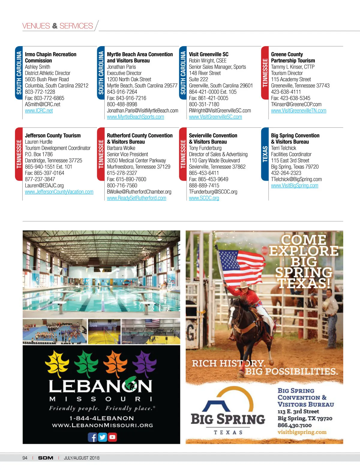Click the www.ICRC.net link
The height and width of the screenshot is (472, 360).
pos(39,111)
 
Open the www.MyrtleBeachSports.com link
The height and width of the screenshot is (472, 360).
pos(135,117)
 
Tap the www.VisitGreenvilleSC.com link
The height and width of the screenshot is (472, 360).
pos(215,117)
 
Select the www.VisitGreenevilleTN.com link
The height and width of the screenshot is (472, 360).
pos(298,111)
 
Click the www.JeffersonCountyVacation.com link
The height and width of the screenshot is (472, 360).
pos(59,192)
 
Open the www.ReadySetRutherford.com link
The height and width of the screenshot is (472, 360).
pos(136,198)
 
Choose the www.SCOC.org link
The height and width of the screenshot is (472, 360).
pos(204,198)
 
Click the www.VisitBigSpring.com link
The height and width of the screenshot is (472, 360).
pos(295,186)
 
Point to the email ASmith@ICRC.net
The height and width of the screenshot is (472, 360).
pos(43,104)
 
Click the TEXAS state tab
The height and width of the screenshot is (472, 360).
pos(265,154)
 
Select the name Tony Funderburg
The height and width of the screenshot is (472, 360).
pos(205,148)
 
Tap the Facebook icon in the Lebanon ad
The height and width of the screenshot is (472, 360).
pos(93,437)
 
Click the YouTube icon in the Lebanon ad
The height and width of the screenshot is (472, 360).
pos(112,437)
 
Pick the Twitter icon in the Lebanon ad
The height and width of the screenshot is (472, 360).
pos(102,437)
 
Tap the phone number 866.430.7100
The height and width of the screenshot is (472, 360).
pos(294,425)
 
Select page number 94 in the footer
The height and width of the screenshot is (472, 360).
pos(25,458)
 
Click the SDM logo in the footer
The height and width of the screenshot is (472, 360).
pos(46,458)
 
